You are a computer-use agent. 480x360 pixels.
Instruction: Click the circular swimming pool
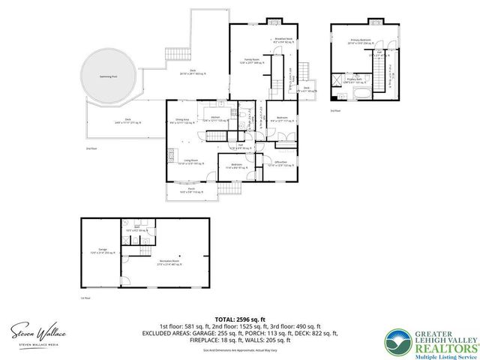[109, 76]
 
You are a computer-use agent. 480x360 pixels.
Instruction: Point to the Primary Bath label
[353, 78]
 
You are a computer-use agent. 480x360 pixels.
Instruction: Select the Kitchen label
[215, 118]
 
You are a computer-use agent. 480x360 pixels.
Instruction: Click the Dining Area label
[182, 120]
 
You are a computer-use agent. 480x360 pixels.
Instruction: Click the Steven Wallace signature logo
[37, 332]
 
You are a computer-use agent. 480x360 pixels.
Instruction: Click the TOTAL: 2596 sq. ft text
[239, 319]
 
